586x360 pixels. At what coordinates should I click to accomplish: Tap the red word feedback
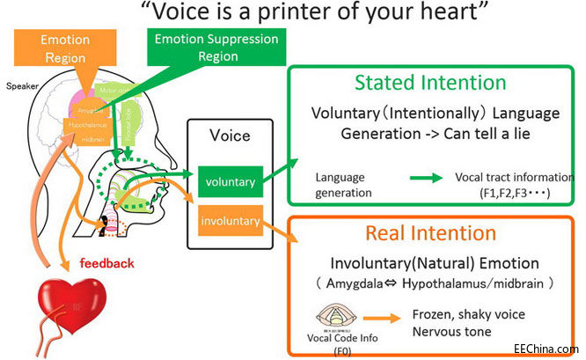pos(106,262)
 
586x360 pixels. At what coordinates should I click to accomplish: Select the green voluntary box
pos(230,181)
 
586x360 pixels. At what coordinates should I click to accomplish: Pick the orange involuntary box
pos(230,221)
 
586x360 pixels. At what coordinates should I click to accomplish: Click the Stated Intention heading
pos(430,83)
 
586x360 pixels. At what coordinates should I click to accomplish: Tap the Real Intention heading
pos(430,233)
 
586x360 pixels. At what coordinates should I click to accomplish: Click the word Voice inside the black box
pos(230,136)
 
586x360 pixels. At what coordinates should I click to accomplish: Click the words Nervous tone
pos(451,333)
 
